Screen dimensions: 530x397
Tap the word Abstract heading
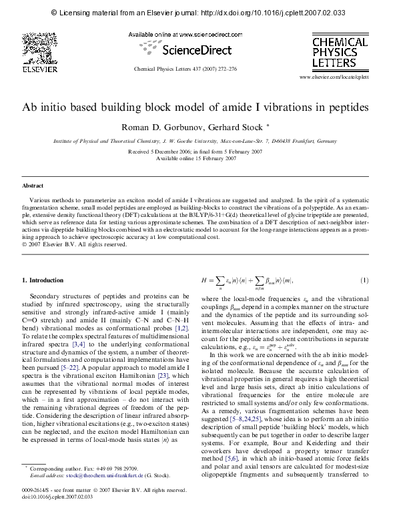click(x=33, y=185)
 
